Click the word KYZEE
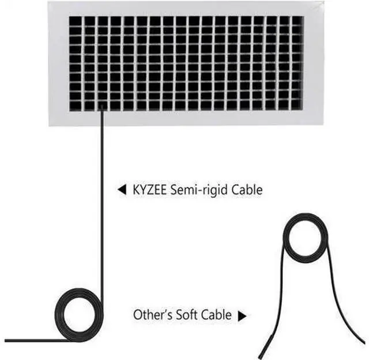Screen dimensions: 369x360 [149, 190]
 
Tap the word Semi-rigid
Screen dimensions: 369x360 [199, 190]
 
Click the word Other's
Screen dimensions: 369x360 [153, 314]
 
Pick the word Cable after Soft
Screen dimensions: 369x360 [216, 314]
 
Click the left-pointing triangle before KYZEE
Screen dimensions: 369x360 [122, 190]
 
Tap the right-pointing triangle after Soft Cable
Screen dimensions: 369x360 [242, 316]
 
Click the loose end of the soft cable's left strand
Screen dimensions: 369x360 [259, 358]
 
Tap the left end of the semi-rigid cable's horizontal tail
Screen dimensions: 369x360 [5, 340]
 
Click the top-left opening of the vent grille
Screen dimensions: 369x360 [76, 21]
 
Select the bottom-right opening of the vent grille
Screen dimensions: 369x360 [297, 104]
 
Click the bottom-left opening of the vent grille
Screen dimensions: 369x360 [76, 106]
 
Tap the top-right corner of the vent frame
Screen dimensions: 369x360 [324, 2]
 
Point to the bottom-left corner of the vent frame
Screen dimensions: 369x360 [49, 126]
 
